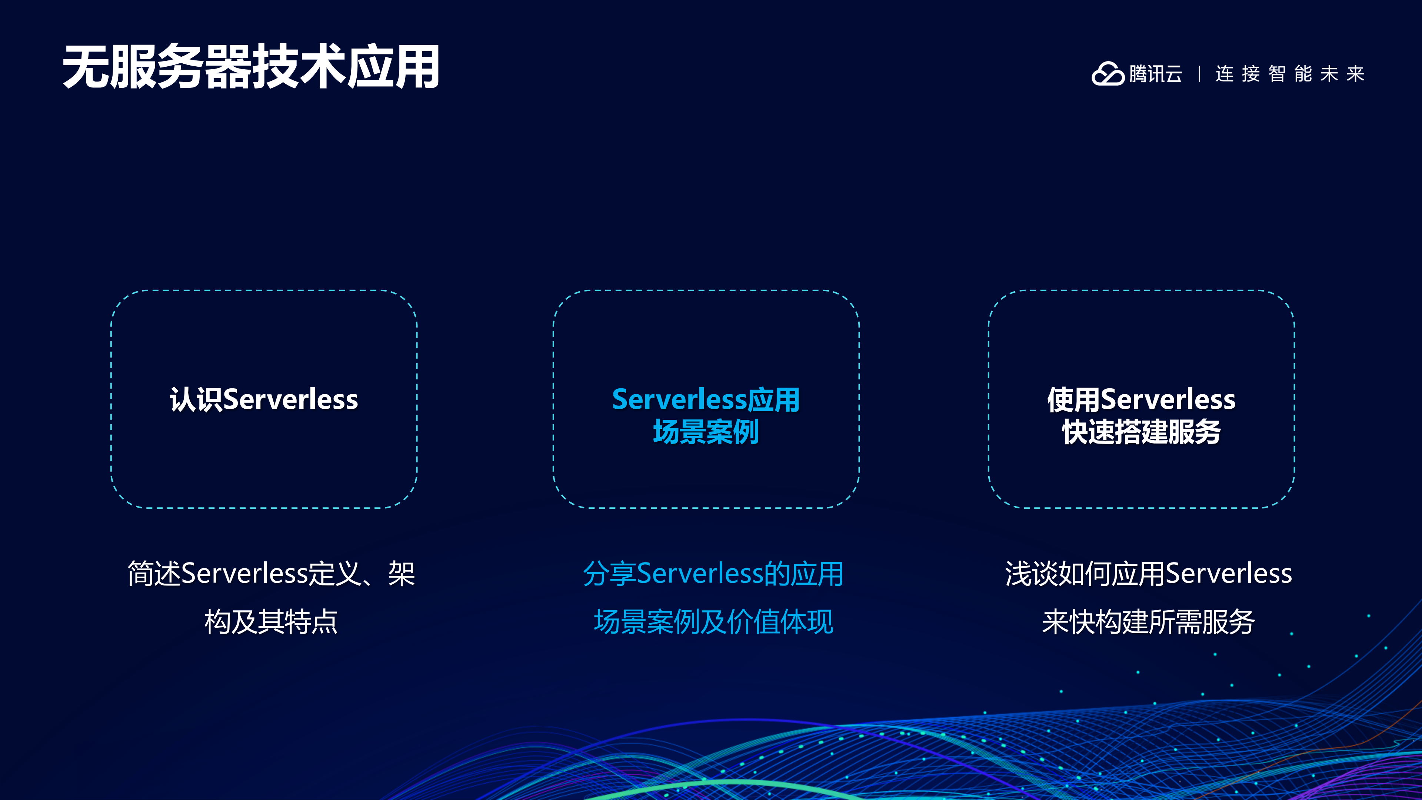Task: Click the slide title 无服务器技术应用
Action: (251, 67)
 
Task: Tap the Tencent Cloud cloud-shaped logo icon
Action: (1108, 74)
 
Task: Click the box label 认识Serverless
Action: (264, 399)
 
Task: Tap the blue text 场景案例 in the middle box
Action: (706, 432)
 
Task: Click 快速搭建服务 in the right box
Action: (1141, 432)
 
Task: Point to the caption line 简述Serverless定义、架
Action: (271, 574)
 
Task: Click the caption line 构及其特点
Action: (271, 622)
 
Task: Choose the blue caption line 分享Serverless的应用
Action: (713, 574)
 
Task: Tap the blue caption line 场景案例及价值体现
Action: (713, 622)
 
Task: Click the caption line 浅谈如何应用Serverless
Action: (1148, 574)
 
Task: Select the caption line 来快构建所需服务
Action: (1148, 622)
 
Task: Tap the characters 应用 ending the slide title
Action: (393, 67)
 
